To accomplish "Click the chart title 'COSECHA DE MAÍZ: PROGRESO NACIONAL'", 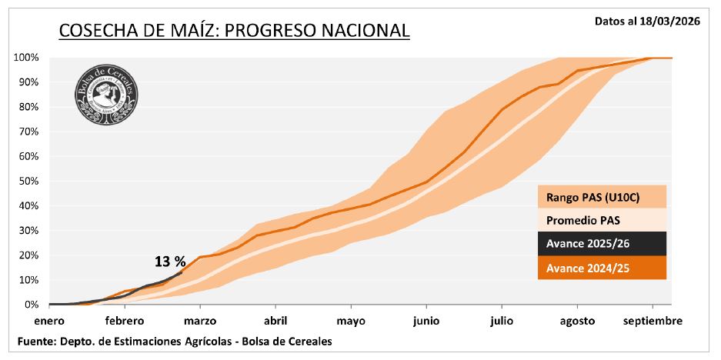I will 234,31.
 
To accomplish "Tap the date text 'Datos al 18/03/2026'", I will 646,22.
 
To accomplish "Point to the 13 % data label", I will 170,262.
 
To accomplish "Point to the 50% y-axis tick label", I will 28,182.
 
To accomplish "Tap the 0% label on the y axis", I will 32,305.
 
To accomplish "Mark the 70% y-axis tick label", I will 28,132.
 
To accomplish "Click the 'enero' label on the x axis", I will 49,320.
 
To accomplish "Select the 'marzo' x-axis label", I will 199,320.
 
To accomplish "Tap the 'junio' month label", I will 426,320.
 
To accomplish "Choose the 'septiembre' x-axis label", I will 652,320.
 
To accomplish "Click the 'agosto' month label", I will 577,320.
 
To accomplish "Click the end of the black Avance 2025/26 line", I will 182,271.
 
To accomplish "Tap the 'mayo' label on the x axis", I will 351,320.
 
